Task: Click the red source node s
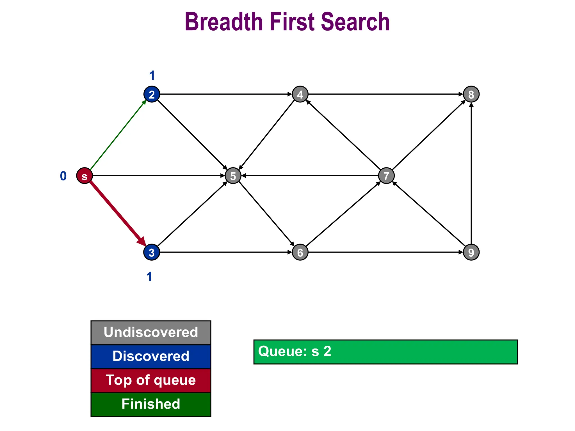click(84, 176)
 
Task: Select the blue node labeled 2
click(152, 94)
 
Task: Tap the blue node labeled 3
click(152, 252)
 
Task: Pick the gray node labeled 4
click(300, 94)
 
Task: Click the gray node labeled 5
click(233, 176)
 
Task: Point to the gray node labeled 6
click(300, 252)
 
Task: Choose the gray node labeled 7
click(386, 176)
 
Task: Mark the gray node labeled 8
click(471, 94)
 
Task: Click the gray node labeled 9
click(471, 252)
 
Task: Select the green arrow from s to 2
click(118, 135)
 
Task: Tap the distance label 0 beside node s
click(63, 176)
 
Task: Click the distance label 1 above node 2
click(152, 75)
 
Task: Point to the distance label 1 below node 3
click(149, 277)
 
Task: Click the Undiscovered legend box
click(151, 333)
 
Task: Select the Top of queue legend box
click(151, 380)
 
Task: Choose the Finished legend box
click(151, 404)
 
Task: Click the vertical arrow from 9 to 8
click(471, 174)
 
